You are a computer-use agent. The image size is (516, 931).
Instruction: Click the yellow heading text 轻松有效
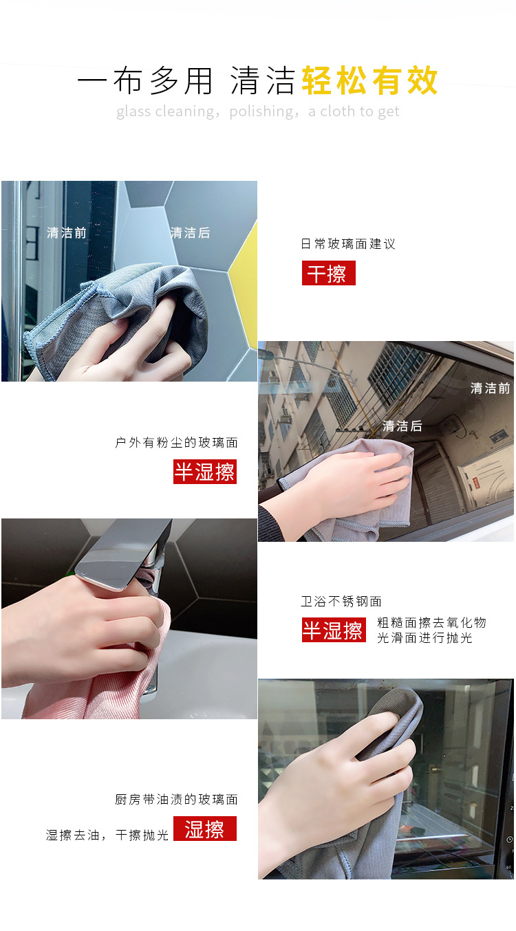[369, 81]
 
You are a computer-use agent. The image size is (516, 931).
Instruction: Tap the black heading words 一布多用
[145, 81]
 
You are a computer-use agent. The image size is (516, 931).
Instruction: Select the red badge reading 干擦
[328, 274]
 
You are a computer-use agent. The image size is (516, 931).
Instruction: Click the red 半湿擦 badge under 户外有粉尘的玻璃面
[204, 472]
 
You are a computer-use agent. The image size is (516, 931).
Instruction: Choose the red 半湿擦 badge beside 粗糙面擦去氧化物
[333, 630]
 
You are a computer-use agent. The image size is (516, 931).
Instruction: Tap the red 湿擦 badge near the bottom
[204, 829]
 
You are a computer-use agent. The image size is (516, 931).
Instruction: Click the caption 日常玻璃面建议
[348, 244]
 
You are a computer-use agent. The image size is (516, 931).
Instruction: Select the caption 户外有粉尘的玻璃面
[176, 443]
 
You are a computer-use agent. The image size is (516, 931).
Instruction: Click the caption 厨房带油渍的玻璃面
[176, 800]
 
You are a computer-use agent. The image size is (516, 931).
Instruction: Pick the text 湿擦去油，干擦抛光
[107, 835]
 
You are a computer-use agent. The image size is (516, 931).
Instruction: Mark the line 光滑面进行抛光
[424, 638]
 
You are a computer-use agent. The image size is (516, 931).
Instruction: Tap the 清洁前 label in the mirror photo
[67, 233]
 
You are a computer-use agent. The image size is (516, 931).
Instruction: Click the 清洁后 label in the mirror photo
[190, 233]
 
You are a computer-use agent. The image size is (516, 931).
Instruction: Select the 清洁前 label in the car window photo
[490, 388]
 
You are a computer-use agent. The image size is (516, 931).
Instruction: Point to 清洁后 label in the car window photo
[402, 426]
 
